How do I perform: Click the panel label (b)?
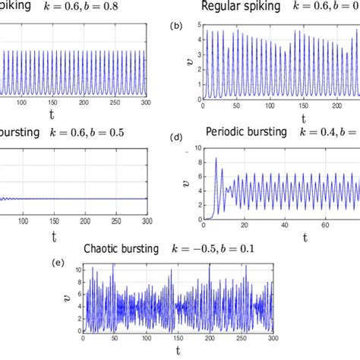click(177, 25)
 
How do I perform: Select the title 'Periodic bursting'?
click(246, 131)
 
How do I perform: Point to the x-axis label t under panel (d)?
click(305, 237)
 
